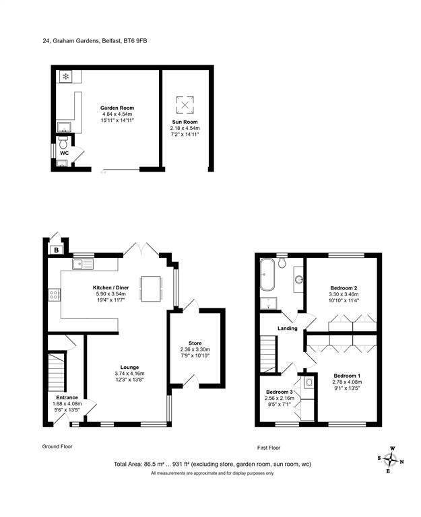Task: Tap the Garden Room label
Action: [118, 108]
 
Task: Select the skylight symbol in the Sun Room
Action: [185, 105]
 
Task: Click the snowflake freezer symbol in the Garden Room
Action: [66, 77]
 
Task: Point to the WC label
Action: [65, 153]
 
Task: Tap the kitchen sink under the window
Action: [84, 263]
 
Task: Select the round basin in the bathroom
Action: [299, 279]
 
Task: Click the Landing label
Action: [288, 329]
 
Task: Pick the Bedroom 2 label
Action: [344, 288]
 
